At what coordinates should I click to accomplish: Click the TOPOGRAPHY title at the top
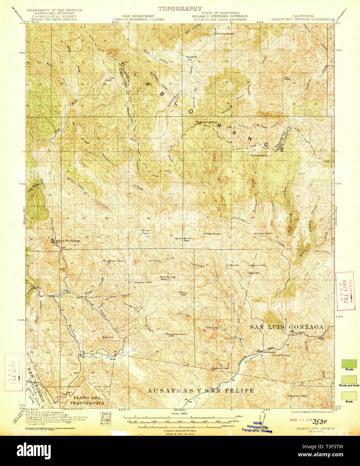[180, 9]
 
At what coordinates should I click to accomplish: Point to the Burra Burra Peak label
[183, 239]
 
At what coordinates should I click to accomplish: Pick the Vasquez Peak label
[143, 282]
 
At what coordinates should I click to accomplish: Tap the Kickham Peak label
[178, 334]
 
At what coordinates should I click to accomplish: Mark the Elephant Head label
[220, 368]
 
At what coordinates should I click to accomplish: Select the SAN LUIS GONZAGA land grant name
[287, 327]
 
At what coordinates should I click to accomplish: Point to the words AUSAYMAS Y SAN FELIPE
[201, 391]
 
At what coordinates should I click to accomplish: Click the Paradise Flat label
[192, 58]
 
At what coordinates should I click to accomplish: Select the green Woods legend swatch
[349, 364]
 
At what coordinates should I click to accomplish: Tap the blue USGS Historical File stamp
[257, 427]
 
